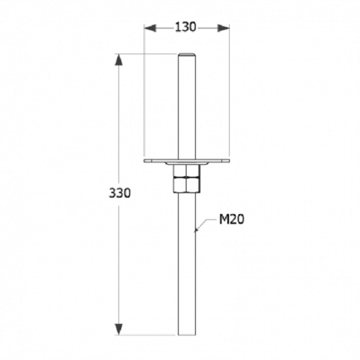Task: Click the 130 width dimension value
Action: point(185,27)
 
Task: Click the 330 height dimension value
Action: point(120,193)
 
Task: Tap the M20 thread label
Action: point(232,219)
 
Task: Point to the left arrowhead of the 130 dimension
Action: point(150,28)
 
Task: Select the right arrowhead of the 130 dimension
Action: point(223,28)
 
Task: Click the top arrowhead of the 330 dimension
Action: point(118,60)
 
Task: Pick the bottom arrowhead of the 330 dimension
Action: point(118,329)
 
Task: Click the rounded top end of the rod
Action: point(187,54)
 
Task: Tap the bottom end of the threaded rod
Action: point(187,334)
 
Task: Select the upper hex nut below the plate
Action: point(187,171)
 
